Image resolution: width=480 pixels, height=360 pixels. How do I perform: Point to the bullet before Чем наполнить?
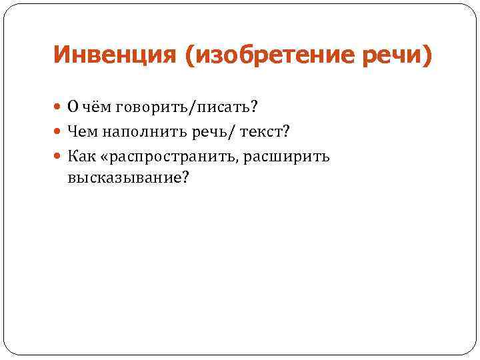(x=59, y=133)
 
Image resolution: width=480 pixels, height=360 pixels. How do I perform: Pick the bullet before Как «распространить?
(x=59, y=157)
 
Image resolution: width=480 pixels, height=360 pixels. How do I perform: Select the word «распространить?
(x=167, y=157)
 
